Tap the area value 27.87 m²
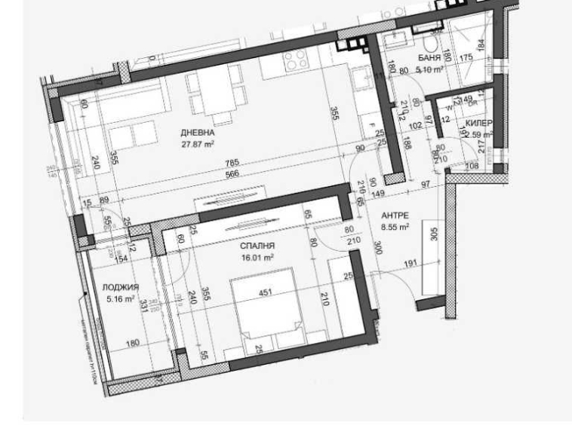click(198, 142)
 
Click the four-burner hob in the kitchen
click(294, 60)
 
